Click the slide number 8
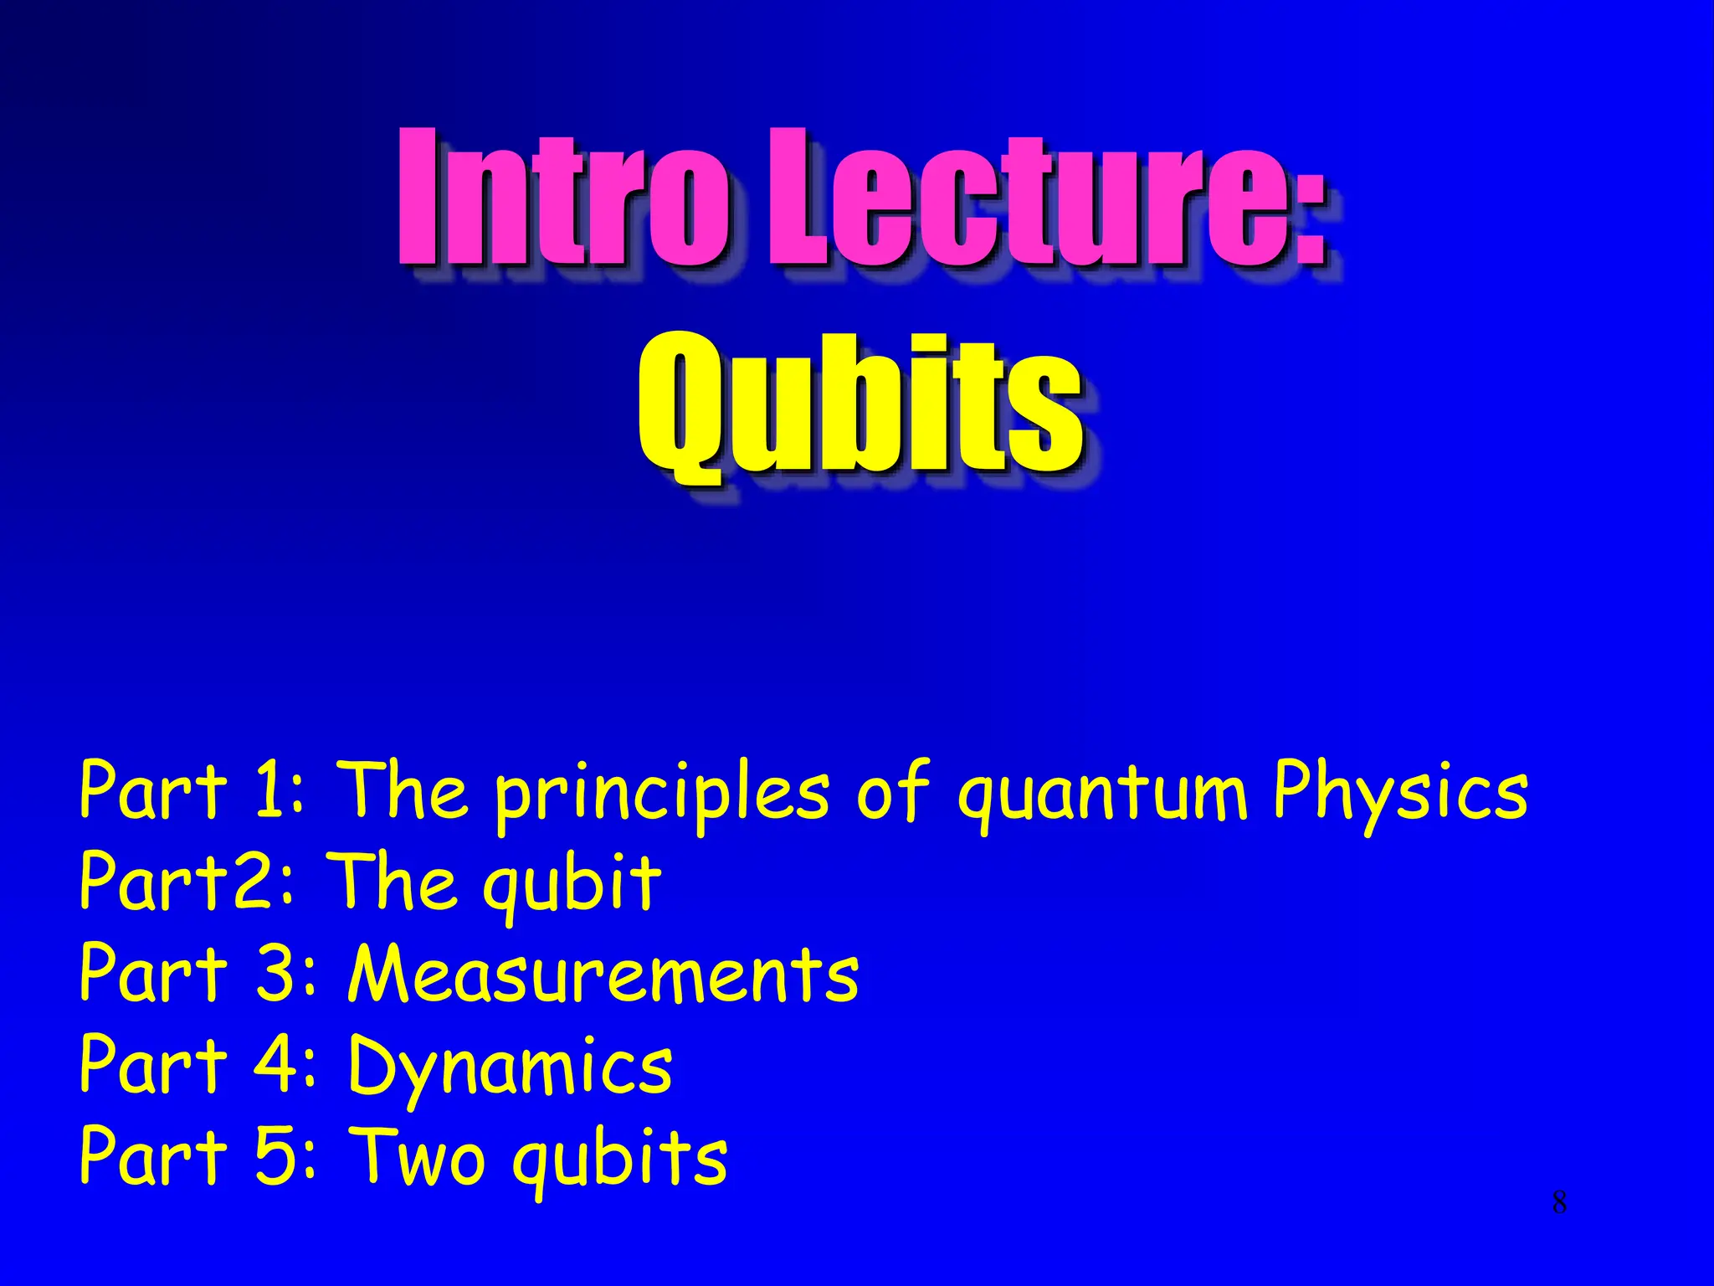[1559, 1203]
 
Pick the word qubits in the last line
[620, 1160]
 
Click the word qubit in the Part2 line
[572, 886]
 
